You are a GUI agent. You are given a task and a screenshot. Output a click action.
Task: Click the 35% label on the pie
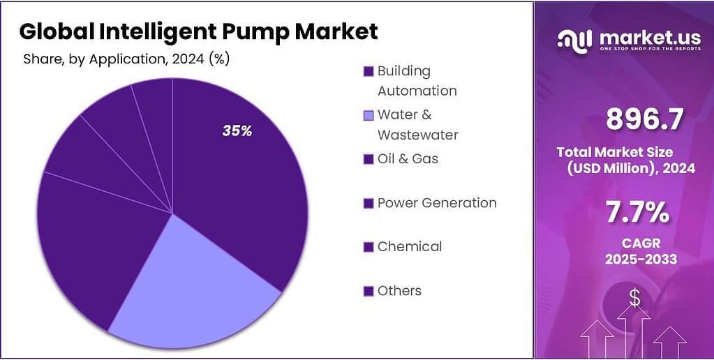click(237, 130)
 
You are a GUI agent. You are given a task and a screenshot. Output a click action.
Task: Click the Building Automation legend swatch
click(368, 71)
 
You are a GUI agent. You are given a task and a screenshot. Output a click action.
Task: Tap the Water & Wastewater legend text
click(417, 124)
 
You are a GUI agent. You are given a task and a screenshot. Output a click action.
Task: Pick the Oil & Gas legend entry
click(408, 158)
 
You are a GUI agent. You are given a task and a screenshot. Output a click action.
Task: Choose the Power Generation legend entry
click(436, 203)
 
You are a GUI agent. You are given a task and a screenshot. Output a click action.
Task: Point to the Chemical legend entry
click(409, 246)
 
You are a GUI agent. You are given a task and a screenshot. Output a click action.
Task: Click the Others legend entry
click(399, 290)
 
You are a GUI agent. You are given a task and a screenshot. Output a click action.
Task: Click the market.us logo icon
click(576, 39)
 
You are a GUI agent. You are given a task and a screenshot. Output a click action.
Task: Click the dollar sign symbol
click(634, 298)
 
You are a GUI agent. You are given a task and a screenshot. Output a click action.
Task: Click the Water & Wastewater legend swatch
click(368, 115)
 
